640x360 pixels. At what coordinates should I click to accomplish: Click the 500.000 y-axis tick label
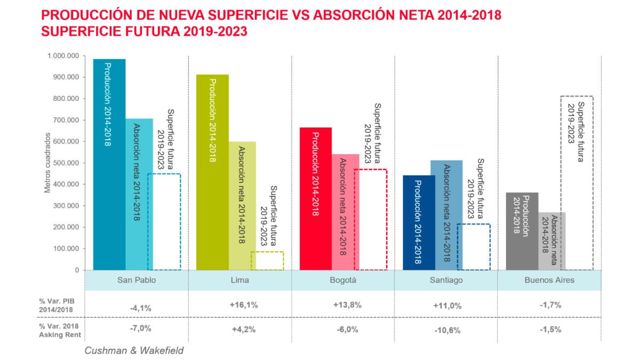(66, 163)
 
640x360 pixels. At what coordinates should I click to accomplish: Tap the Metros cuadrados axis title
(47, 163)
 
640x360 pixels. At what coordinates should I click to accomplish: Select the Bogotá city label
(343, 280)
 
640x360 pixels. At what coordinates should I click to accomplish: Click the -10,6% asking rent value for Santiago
(447, 330)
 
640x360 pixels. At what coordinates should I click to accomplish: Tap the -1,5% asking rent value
(550, 329)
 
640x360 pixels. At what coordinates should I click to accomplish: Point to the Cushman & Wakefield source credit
(134, 350)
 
